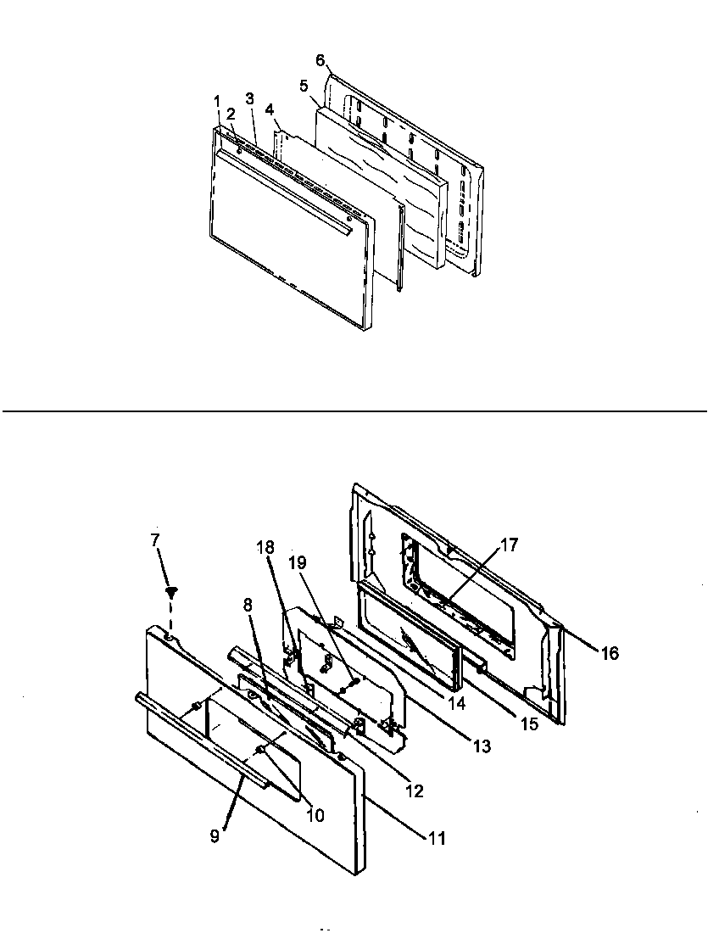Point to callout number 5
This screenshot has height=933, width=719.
(x=303, y=85)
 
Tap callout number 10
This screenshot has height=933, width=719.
(x=315, y=816)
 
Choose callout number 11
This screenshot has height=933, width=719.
(x=436, y=840)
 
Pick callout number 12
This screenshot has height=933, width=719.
(x=415, y=792)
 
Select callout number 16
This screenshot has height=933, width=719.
(x=609, y=653)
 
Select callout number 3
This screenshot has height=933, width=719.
(x=250, y=98)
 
